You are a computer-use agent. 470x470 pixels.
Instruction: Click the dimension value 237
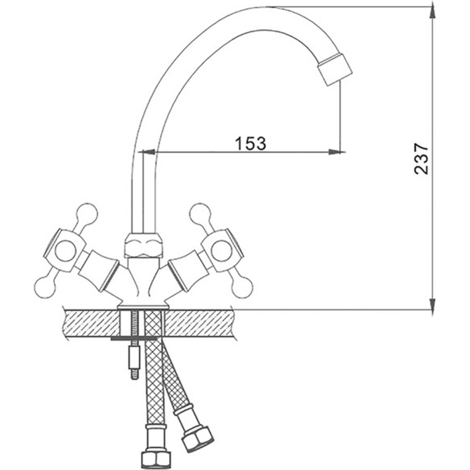click(421, 159)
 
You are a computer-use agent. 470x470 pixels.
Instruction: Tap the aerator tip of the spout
click(335, 69)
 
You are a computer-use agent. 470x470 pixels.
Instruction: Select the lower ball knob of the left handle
click(45, 287)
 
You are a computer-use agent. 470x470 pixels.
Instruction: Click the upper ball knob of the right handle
click(200, 214)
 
